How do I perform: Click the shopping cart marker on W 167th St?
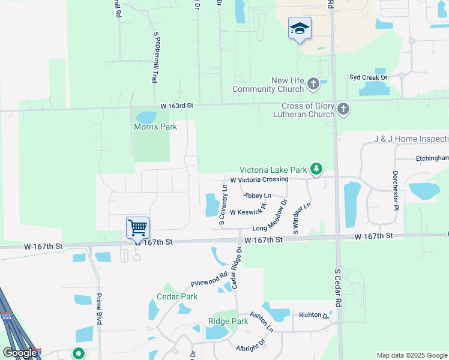click(138, 228)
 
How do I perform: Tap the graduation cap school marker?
click(300, 28)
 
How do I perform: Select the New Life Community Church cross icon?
click(313, 85)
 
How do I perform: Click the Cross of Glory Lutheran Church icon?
click(343, 109)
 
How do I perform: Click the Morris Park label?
click(151, 127)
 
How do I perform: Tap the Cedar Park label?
click(177, 296)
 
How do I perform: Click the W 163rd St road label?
click(176, 106)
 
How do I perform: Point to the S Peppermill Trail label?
click(158, 57)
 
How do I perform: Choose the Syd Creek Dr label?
click(369, 77)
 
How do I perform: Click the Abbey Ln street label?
click(258, 196)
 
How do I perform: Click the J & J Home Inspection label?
click(411, 139)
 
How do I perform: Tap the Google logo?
click(20, 353)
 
